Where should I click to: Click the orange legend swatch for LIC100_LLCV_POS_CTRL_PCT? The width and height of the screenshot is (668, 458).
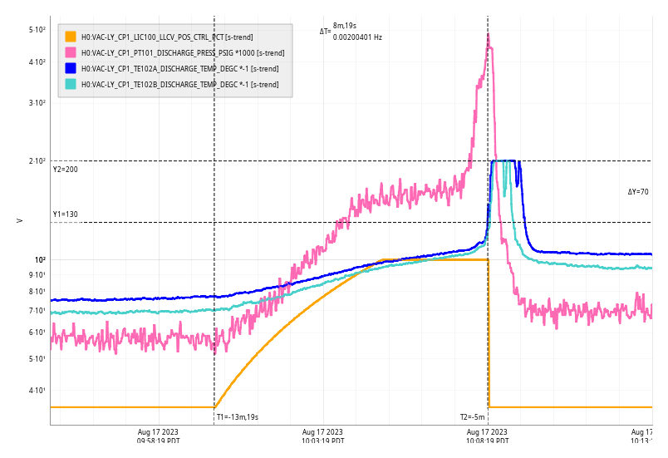coord(71,37)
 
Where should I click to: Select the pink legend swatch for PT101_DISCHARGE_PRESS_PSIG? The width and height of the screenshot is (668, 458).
coord(71,52)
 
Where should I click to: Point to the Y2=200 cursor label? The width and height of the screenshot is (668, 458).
coord(65,170)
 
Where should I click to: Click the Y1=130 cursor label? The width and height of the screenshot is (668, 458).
coord(65,214)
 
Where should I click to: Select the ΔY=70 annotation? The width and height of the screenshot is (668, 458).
coord(638,192)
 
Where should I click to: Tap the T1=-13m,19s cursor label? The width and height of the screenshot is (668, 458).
coord(237,417)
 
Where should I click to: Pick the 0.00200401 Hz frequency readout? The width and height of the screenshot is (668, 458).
coord(357,37)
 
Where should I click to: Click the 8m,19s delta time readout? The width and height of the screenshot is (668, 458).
coord(346,27)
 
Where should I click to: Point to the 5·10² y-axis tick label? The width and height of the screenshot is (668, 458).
coord(37,30)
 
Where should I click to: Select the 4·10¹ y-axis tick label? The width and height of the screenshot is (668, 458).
coord(37,391)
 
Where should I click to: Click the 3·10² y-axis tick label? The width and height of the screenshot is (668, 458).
coord(37,103)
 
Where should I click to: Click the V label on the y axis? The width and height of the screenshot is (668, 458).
coord(19,220)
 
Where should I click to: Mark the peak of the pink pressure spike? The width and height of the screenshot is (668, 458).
coord(488,35)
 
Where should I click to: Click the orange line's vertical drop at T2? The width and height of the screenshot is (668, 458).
coord(488,332)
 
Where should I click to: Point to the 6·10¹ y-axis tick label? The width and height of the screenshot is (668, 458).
coord(37,332)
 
